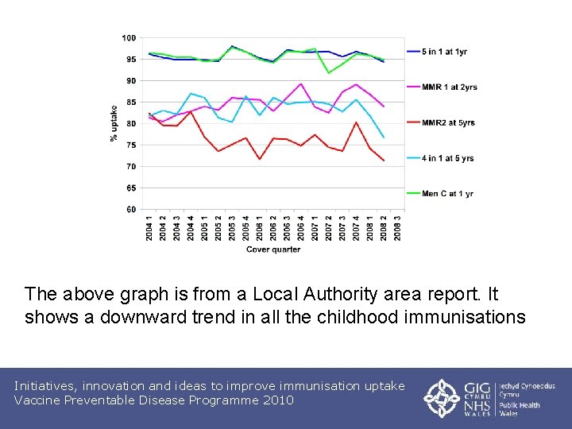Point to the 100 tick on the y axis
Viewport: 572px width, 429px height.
pyautogui.click(x=128, y=38)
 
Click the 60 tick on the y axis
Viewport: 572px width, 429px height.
pyautogui.click(x=129, y=210)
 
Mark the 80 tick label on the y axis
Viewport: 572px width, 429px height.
pyautogui.click(x=129, y=124)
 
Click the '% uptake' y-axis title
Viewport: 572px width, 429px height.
pyautogui.click(x=114, y=124)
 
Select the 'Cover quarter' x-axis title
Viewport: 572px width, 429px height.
pyautogui.click(x=273, y=249)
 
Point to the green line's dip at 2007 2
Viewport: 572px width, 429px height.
pyautogui.click(x=329, y=73)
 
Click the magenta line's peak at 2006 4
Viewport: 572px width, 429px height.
pyautogui.click(x=301, y=83)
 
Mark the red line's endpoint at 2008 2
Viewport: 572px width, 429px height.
pyautogui.click(x=385, y=160)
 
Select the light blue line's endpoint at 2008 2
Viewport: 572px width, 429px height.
pyautogui.click(x=385, y=137)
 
